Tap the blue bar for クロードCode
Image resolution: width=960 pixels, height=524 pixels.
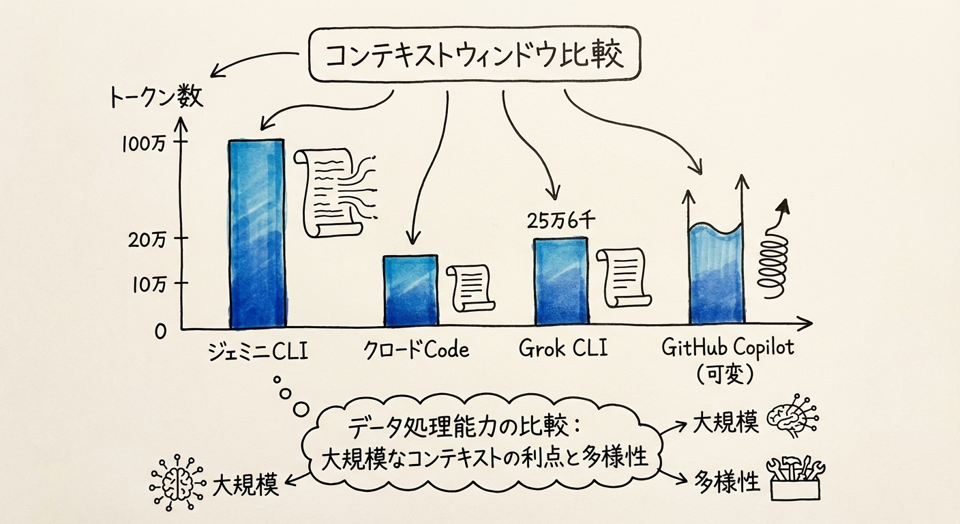(410, 291)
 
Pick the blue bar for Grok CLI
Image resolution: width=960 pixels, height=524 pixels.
(560, 281)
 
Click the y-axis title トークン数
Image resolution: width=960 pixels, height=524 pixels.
(155, 99)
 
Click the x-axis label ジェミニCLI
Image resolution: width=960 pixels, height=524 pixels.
(258, 352)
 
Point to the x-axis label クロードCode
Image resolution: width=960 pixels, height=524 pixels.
(415, 351)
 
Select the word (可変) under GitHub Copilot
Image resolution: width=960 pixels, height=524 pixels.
(727, 375)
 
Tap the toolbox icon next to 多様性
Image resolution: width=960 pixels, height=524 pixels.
(796, 478)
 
